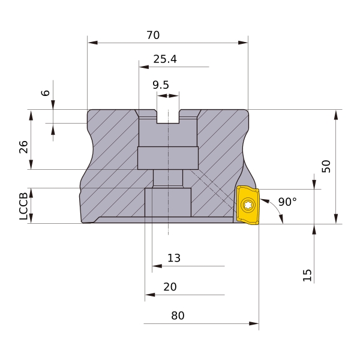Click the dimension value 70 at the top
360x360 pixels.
[x=153, y=35]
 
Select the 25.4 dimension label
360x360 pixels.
[x=165, y=59]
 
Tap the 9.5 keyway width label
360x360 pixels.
[x=161, y=85]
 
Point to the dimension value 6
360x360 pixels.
[x=46, y=93]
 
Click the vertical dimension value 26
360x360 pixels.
[x=23, y=147]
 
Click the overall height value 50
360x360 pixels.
[x=326, y=166]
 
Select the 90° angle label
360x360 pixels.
[x=287, y=202]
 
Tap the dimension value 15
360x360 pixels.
[x=307, y=275]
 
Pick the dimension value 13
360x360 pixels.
[x=174, y=258]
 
